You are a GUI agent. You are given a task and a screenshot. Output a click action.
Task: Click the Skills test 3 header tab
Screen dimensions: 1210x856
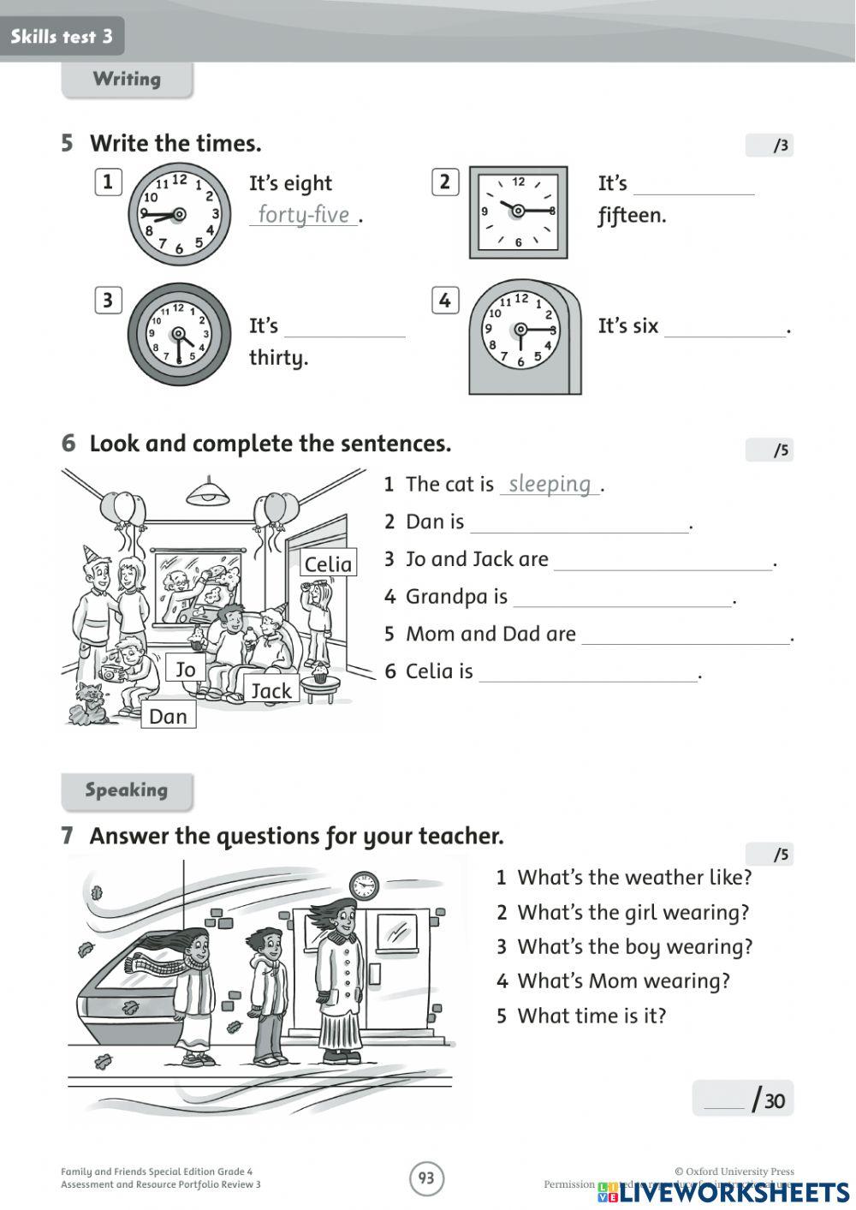click(x=62, y=36)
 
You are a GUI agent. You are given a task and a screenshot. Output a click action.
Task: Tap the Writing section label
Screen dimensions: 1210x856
click(x=127, y=80)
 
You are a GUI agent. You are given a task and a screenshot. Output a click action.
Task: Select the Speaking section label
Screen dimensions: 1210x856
click(x=127, y=790)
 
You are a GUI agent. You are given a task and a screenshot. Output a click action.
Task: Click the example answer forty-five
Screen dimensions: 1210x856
click(x=304, y=214)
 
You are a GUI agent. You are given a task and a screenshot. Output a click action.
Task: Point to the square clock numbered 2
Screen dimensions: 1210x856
click(x=518, y=212)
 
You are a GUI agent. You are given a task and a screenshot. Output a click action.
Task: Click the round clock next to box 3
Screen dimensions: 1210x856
click(x=179, y=335)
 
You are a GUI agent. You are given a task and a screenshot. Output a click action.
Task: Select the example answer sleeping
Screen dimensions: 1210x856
click(x=550, y=484)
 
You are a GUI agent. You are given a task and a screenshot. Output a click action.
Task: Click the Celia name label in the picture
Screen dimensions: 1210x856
click(x=328, y=563)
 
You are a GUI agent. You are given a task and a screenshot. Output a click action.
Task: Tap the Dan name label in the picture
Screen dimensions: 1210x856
click(x=168, y=716)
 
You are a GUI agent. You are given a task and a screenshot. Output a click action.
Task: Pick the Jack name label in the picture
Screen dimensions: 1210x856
click(x=271, y=690)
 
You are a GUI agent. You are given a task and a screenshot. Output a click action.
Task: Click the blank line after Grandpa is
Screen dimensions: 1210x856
click(x=622, y=598)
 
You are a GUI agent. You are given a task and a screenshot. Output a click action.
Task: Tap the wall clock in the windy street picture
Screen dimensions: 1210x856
click(x=364, y=885)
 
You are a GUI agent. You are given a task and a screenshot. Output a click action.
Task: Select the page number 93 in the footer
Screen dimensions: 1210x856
click(x=426, y=1178)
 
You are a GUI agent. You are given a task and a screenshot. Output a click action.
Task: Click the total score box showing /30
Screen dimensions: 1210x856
click(x=742, y=1099)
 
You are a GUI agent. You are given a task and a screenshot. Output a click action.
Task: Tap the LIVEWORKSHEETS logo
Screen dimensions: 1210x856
click(x=723, y=1192)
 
